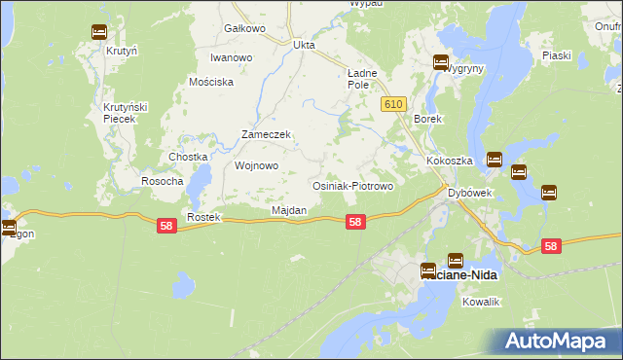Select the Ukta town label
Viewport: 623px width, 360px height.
click(x=305, y=45)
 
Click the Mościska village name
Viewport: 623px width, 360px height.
click(x=212, y=83)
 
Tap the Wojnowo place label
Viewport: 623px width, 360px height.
click(x=257, y=165)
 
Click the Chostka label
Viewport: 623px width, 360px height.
click(x=188, y=157)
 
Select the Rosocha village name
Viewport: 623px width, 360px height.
click(x=163, y=181)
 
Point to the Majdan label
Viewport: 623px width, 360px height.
click(x=289, y=210)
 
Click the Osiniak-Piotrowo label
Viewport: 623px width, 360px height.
click(x=351, y=186)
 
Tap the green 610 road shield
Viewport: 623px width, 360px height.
click(x=393, y=104)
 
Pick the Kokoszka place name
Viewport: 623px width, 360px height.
click(x=449, y=161)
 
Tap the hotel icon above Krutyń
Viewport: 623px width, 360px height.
click(x=99, y=32)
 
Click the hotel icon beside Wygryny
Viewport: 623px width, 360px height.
click(x=440, y=63)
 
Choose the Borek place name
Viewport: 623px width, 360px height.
click(x=428, y=119)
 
